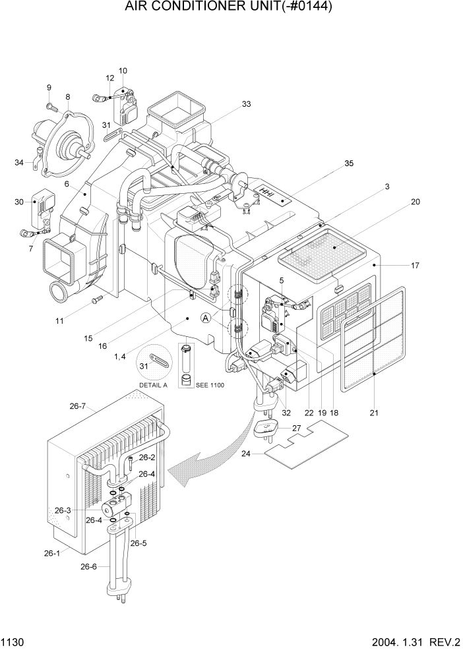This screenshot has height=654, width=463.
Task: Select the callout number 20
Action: pyautogui.click(x=415, y=202)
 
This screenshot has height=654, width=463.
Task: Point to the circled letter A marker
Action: pyautogui.click(x=206, y=318)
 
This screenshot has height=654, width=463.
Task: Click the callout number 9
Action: pyautogui.click(x=49, y=88)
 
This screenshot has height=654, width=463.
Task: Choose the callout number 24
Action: pyautogui.click(x=246, y=453)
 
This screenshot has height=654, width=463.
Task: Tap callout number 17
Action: pyautogui.click(x=415, y=266)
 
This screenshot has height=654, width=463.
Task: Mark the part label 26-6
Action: pyautogui.click(x=90, y=566)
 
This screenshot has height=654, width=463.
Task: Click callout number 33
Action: pyautogui.click(x=246, y=104)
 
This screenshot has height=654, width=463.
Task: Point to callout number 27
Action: pyautogui.click(x=296, y=429)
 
